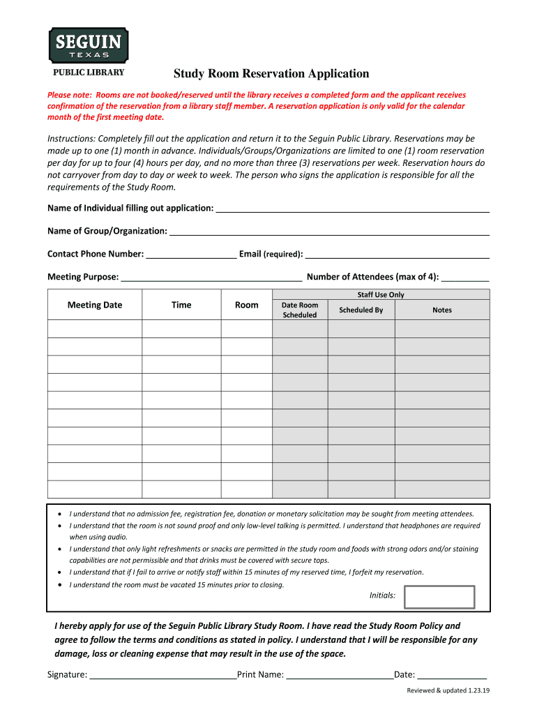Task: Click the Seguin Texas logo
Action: click(88, 46)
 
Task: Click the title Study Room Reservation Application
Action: click(271, 74)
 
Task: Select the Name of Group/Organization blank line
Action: click(329, 231)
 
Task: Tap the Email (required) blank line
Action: click(397, 255)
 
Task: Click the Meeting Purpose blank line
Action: click(211, 278)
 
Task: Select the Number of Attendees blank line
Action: click(465, 278)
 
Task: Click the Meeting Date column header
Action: click(95, 305)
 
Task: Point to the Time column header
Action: click(181, 305)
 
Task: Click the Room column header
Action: click(247, 305)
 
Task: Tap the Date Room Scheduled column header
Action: click(299, 310)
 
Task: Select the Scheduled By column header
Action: click(361, 310)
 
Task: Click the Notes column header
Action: click(442, 310)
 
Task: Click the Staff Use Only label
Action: click(381, 295)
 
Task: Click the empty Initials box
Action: click(439, 597)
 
